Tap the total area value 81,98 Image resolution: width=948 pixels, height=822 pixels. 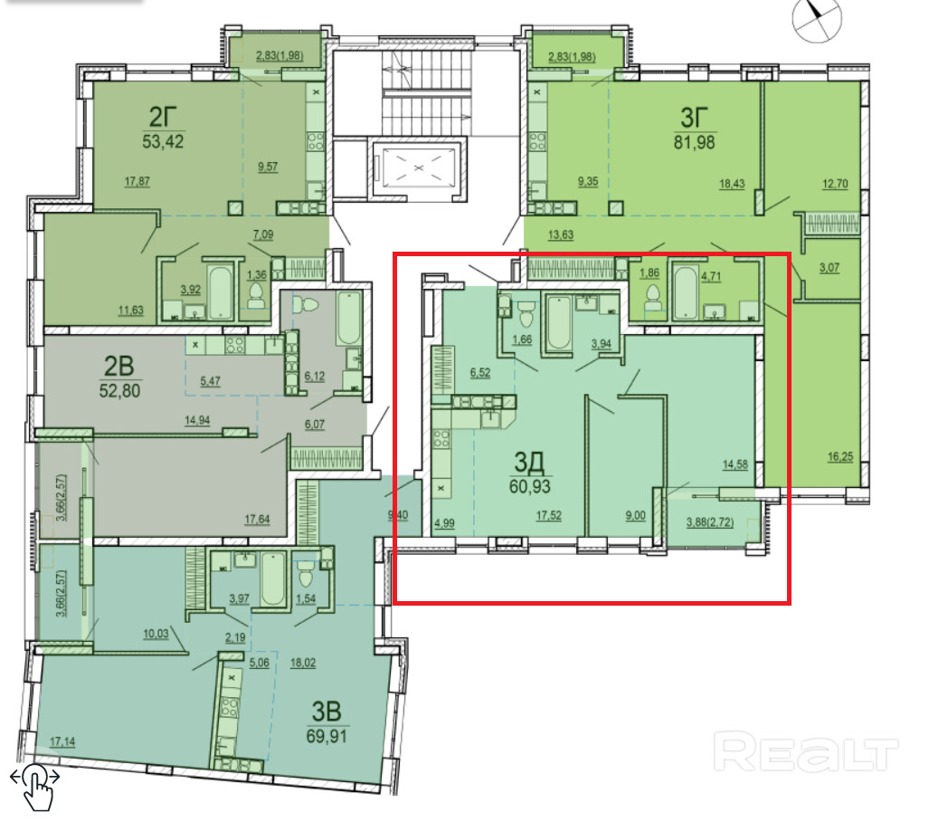click(x=694, y=142)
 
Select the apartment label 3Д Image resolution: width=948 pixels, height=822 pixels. click(x=529, y=463)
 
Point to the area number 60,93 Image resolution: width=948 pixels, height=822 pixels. click(x=529, y=486)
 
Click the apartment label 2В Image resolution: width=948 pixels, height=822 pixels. click(x=119, y=366)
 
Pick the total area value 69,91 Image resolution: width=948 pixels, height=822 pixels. click(x=327, y=736)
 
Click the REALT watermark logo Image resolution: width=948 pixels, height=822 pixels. click(x=805, y=750)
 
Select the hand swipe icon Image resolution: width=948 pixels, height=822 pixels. click(x=35, y=787)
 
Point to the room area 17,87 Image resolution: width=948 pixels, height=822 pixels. click(x=137, y=181)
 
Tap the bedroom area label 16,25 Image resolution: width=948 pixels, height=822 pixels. click(x=840, y=456)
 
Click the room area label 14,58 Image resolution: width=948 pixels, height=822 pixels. click(x=735, y=464)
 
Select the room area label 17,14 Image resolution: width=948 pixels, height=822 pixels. click(x=62, y=741)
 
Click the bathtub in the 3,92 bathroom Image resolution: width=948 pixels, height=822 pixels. click(x=221, y=292)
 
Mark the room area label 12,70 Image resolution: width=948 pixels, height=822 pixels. click(x=835, y=183)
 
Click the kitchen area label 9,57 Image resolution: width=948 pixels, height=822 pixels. click(x=268, y=167)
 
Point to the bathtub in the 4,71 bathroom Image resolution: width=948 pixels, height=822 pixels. click(x=686, y=292)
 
